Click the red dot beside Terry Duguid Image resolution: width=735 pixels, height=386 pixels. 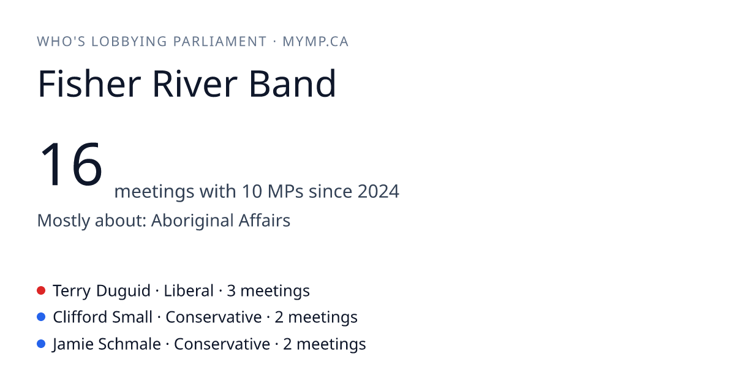click(41, 290)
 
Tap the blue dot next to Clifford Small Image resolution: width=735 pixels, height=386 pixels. click(41, 317)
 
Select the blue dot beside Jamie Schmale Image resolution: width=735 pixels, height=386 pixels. click(41, 344)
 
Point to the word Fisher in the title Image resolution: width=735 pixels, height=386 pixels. click(89, 83)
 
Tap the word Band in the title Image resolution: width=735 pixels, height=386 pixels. click(293, 83)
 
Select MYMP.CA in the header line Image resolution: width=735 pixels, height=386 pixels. click(315, 42)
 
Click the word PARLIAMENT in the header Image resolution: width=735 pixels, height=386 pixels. click(220, 42)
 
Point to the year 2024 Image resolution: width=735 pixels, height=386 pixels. click(379, 191)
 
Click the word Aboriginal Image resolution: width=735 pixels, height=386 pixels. click(192, 221)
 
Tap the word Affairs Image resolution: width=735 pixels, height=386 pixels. click(265, 220)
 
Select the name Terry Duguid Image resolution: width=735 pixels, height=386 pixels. click(102, 291)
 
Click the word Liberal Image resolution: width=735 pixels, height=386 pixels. click(189, 291)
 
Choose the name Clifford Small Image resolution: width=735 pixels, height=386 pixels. click(103, 317)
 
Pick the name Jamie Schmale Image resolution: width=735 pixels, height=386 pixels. click(107, 344)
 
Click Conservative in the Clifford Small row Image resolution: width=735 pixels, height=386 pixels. click(214, 317)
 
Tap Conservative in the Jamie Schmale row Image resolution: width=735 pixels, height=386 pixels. click(222, 344)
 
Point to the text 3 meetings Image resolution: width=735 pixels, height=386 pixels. click(268, 291)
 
